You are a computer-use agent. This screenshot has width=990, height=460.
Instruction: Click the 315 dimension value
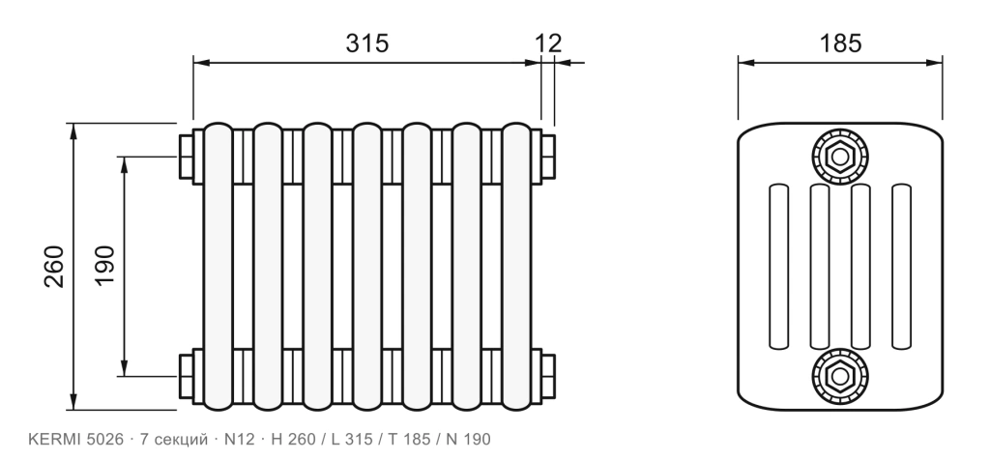click(x=366, y=43)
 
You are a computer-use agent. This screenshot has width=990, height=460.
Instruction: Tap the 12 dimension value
click(x=548, y=43)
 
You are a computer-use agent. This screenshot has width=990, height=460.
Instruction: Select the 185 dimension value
click(x=840, y=43)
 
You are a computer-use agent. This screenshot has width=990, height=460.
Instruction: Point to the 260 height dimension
click(x=54, y=267)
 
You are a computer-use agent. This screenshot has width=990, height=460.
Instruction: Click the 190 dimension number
click(x=104, y=266)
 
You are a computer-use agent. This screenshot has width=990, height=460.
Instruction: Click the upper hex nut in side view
click(x=840, y=157)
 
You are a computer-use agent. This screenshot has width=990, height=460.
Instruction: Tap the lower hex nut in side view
click(x=840, y=376)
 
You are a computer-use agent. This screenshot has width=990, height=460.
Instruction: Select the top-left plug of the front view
click(x=187, y=157)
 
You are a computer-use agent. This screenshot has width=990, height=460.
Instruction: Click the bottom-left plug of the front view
click(x=187, y=376)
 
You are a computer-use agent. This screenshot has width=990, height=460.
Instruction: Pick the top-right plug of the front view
click(x=548, y=157)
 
